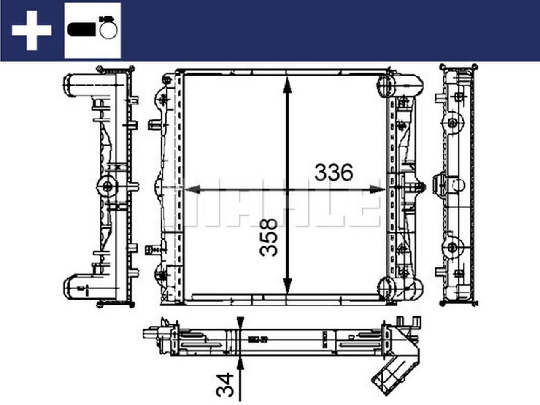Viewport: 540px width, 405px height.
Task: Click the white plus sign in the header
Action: (32, 30)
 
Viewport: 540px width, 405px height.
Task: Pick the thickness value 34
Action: (224, 384)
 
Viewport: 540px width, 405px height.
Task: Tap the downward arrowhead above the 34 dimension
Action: (240, 322)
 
